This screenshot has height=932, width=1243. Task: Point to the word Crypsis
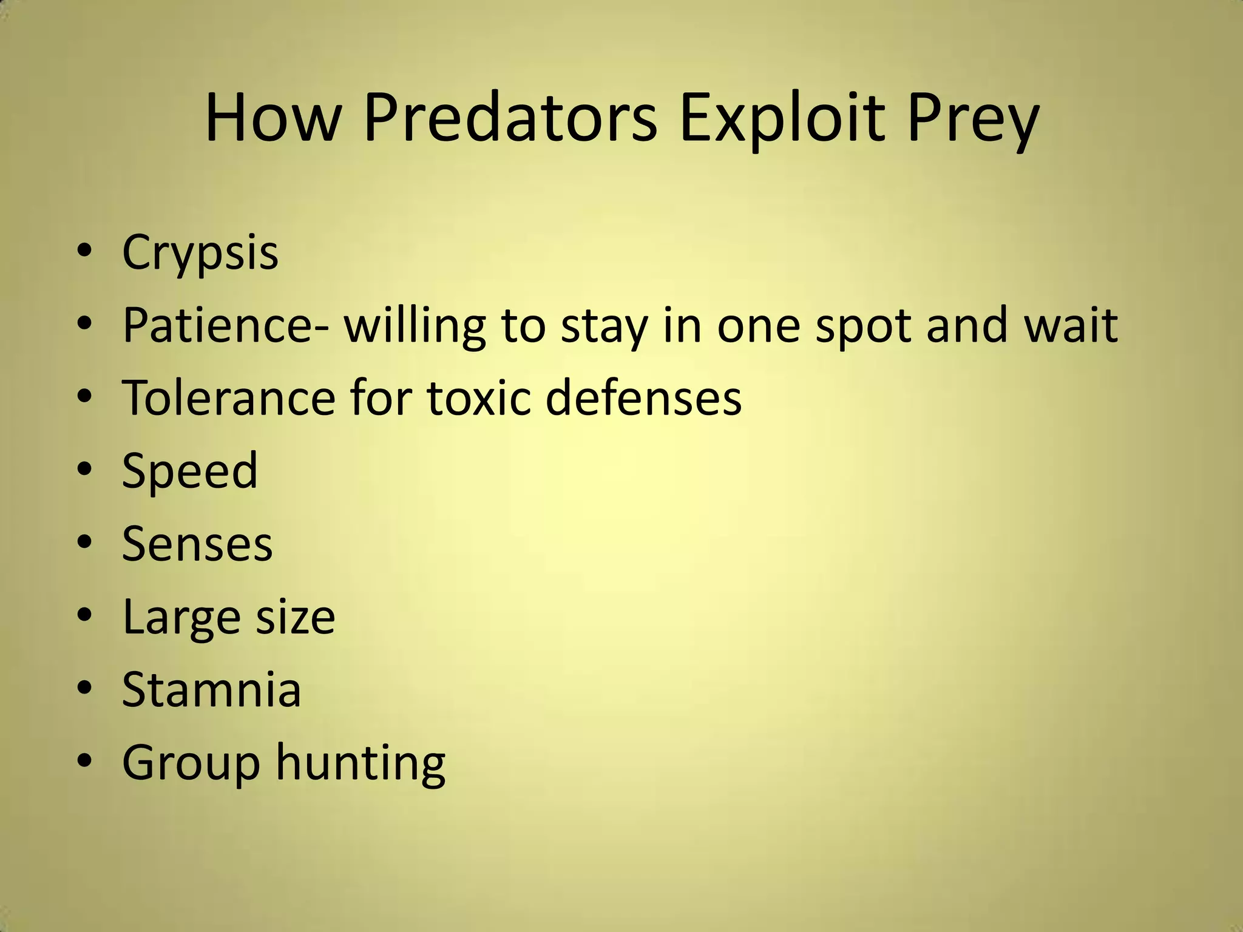point(200,252)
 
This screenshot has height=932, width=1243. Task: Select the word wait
point(1071,325)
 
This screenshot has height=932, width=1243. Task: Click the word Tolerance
point(228,398)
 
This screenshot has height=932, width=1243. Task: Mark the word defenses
point(643,398)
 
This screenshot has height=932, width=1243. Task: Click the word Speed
point(189,471)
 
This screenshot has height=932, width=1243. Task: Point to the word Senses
point(197,544)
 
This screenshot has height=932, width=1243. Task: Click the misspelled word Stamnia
point(211,689)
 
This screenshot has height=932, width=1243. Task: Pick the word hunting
point(361,763)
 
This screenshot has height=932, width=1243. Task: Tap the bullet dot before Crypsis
point(85,251)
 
